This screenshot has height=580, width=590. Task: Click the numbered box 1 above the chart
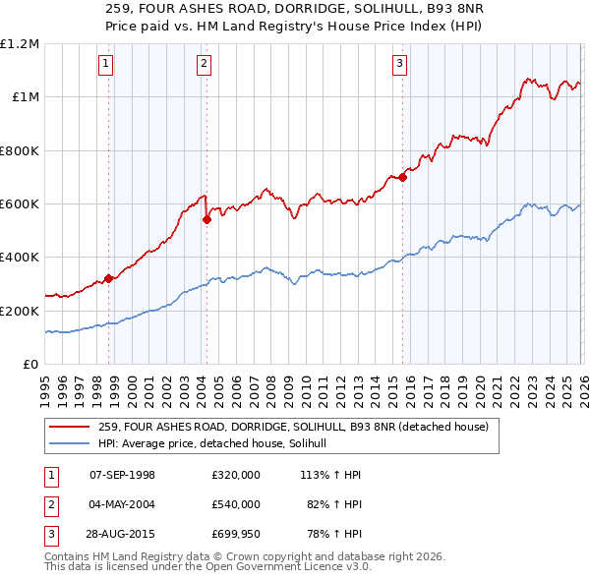pos(105,65)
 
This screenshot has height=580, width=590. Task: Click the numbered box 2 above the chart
pos(204,65)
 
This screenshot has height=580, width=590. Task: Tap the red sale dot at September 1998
pos(109,278)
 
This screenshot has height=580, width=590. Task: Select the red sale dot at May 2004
pos(206,220)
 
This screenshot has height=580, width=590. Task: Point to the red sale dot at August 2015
pos(403,177)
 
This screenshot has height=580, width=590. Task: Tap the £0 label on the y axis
pos(30,364)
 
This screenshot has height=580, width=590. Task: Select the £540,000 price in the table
pos(235,504)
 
